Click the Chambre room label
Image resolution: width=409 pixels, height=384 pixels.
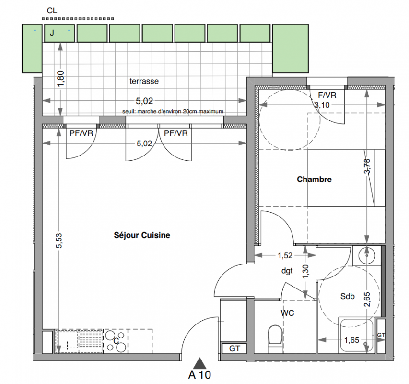tap(314, 180)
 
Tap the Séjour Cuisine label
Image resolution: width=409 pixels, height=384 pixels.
tap(142, 235)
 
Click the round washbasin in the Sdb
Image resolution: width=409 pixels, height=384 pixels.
tap(366, 255)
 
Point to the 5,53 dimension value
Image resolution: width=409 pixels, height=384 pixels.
tap(59, 240)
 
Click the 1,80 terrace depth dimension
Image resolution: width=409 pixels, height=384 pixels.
tap(60, 79)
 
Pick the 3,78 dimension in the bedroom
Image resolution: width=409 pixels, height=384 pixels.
tap(367, 166)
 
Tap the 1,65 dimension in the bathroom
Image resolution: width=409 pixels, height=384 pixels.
tap(351, 340)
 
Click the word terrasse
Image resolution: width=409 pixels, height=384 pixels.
tap(144, 81)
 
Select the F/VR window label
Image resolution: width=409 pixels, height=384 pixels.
tap(327, 95)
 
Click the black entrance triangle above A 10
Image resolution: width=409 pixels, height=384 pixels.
tap(200, 363)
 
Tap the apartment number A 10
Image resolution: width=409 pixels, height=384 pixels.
tap(199, 375)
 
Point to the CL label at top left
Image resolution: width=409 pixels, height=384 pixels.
tap(52, 11)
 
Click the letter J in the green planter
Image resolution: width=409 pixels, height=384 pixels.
tap(52, 33)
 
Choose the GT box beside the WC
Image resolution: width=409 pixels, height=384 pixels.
tap(234, 348)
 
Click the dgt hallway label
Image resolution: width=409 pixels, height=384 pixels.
tap(287, 271)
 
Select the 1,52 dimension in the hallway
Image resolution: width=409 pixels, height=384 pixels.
tap(285, 255)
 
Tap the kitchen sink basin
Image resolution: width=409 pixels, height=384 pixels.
tap(67, 340)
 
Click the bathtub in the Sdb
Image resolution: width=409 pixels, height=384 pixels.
tap(357, 335)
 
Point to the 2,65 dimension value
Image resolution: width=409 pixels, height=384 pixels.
tap(367, 300)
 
